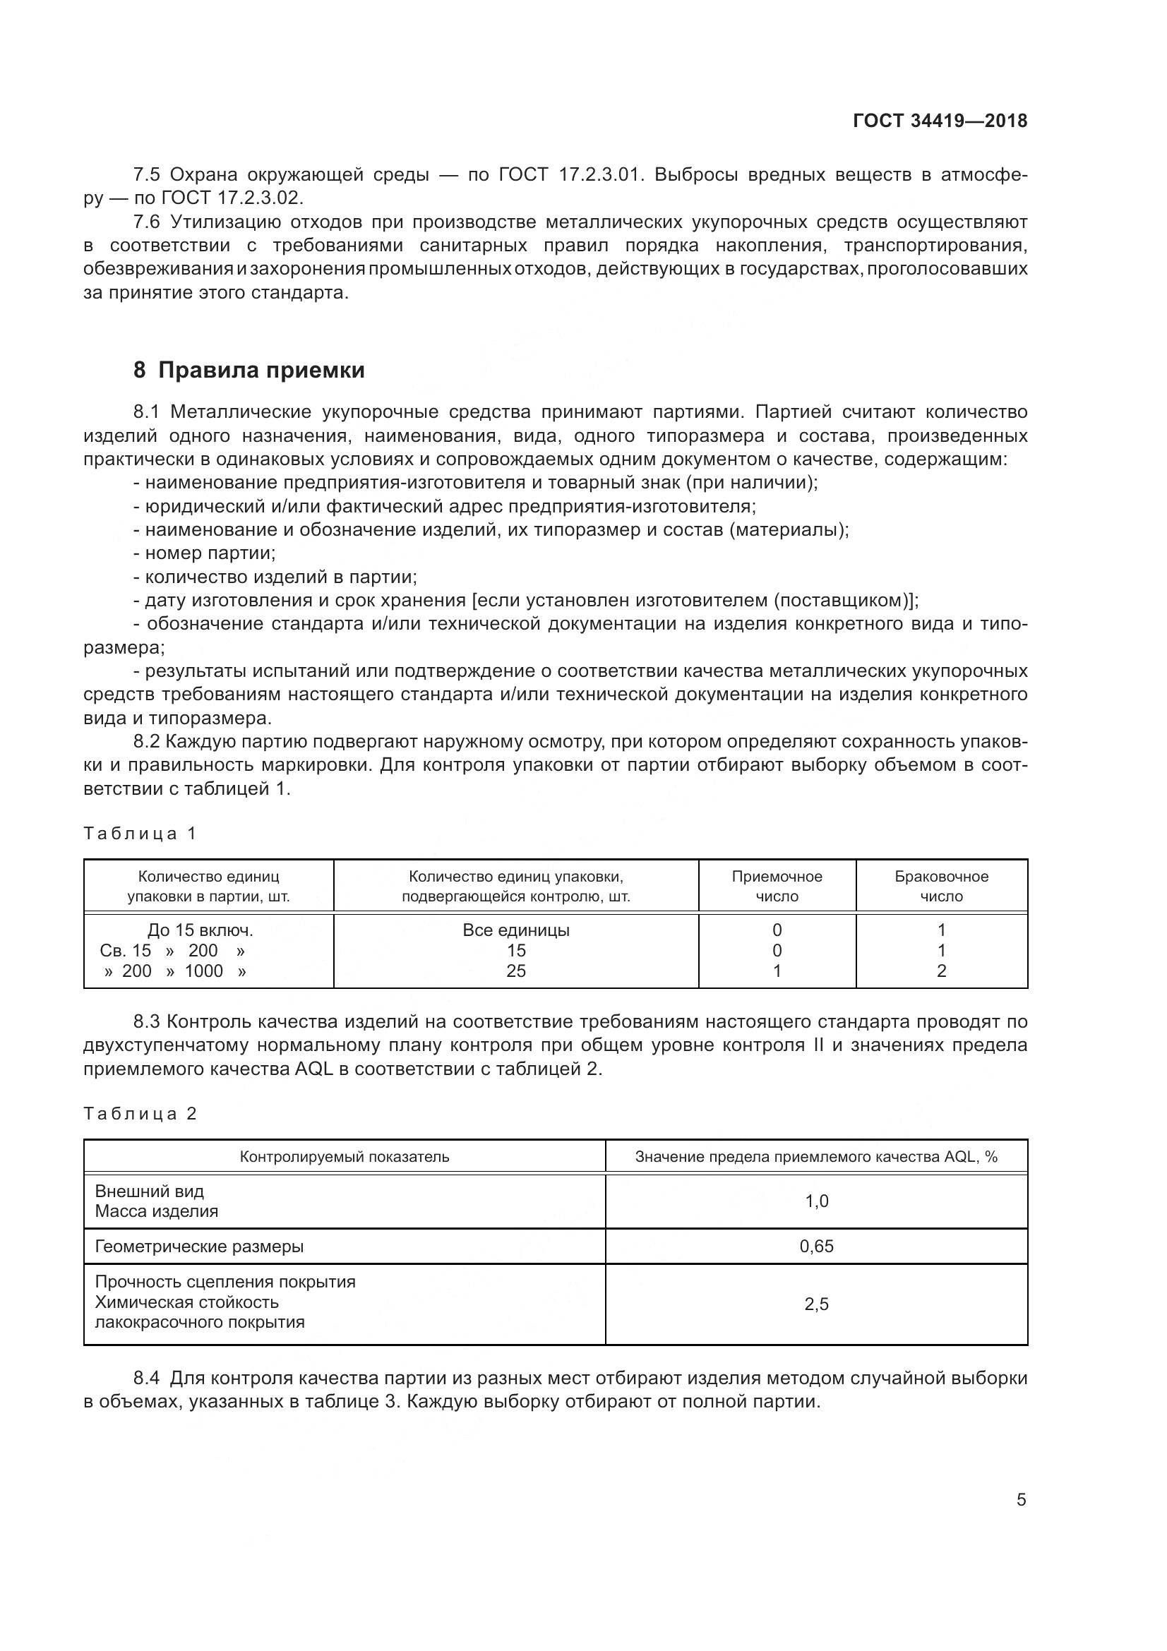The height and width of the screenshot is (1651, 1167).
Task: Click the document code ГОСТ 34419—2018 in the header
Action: click(940, 121)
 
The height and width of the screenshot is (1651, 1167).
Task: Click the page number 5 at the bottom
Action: click(1021, 1499)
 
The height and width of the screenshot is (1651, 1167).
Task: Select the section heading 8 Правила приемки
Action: click(249, 371)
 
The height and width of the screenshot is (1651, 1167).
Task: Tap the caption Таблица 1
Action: click(140, 834)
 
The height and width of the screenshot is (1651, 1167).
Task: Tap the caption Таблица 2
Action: click(140, 1114)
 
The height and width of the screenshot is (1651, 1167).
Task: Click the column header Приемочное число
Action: click(777, 886)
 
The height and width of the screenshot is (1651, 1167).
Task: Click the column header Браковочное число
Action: click(941, 886)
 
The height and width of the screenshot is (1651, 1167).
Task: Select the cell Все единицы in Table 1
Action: click(515, 930)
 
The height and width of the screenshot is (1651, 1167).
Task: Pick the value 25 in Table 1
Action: click(515, 971)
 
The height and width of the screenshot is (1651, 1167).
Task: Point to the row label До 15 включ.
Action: click(200, 930)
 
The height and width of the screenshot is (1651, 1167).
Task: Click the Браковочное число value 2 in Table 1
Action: click(941, 971)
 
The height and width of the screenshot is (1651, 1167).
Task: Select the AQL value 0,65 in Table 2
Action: click(816, 1246)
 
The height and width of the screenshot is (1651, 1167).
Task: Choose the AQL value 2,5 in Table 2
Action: click(816, 1304)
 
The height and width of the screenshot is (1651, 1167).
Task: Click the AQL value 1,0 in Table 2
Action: click(816, 1201)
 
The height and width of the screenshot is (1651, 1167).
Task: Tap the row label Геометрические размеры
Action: click(199, 1246)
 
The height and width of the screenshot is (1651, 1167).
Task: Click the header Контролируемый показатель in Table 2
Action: click(345, 1156)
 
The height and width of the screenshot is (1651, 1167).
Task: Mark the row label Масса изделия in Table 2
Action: click(156, 1211)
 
